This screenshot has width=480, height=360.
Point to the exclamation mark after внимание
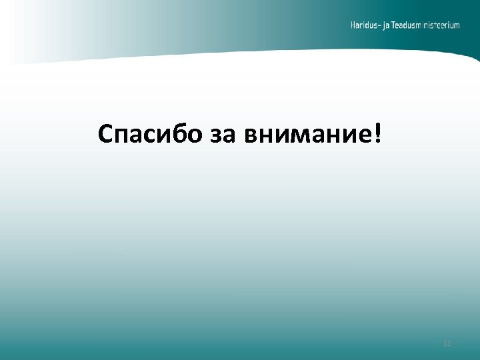pos(379,133)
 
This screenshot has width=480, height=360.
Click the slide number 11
pos(447,344)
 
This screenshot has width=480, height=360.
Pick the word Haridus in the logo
pos(365,25)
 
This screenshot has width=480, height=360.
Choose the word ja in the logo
pos(390,26)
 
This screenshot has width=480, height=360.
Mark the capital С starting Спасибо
pos(105,134)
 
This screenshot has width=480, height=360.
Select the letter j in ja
pos(387,27)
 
